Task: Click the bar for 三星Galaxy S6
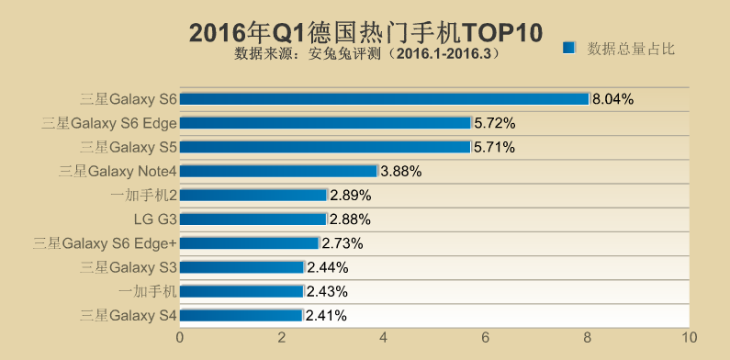click(x=384, y=99)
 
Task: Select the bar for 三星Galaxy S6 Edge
click(x=325, y=123)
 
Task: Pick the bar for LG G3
click(x=253, y=219)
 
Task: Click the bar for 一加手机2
click(x=253, y=195)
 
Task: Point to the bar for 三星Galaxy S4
click(x=241, y=316)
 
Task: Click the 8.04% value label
click(x=613, y=99)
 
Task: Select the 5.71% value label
click(x=494, y=147)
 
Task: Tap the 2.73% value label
click(x=343, y=243)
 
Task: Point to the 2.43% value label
click(x=327, y=291)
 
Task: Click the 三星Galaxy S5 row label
click(x=129, y=147)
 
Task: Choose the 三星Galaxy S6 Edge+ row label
click(x=105, y=243)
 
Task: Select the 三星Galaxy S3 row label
click(x=129, y=267)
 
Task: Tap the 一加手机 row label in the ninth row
click(x=148, y=291)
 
